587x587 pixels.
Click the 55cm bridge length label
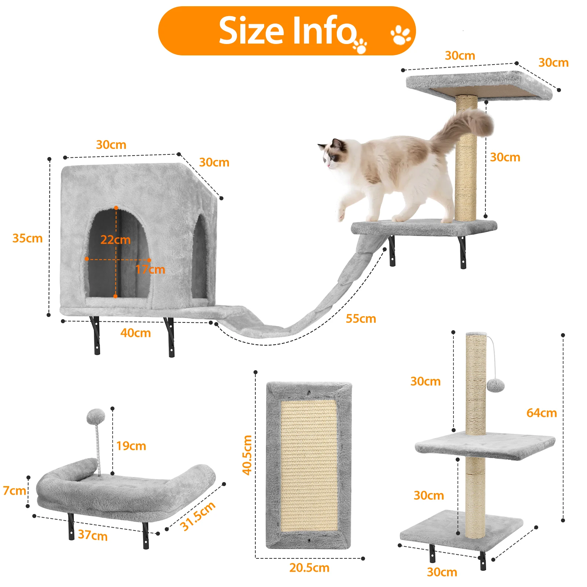click(361, 318)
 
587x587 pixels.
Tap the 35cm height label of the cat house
click(28, 238)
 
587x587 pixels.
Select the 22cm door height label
click(116, 240)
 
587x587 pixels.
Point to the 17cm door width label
click(150, 269)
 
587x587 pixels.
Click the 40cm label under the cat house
click(135, 333)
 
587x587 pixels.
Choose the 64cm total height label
click(542, 413)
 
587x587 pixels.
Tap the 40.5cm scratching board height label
click(247, 455)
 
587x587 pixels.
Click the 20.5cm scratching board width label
click(309, 568)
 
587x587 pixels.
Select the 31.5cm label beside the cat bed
click(198, 516)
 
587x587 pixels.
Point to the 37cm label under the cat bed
click(93, 535)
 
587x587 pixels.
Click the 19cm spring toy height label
click(131, 446)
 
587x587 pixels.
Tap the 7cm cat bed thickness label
click(14, 491)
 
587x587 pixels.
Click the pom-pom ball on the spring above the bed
click(96, 417)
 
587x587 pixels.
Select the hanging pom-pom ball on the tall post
click(495, 386)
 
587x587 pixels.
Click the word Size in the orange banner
click(251, 30)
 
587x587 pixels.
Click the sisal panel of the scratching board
click(309, 465)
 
